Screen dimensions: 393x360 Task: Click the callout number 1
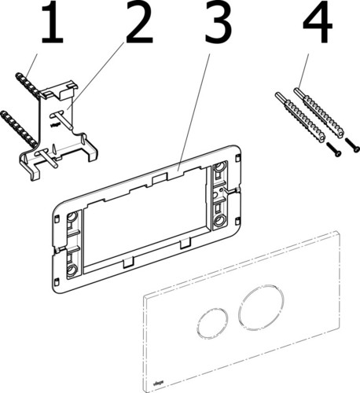coord(51,26)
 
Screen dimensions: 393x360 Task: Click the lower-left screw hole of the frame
coord(72,270)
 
